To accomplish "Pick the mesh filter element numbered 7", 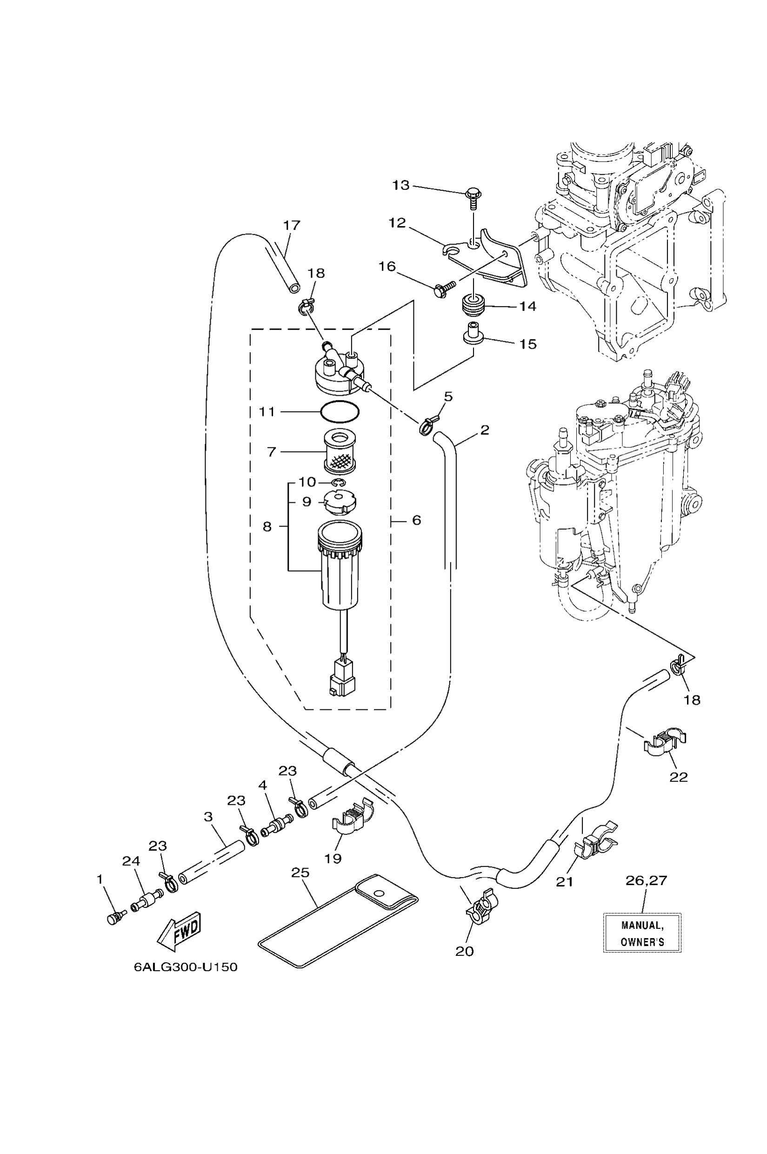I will [x=340, y=452].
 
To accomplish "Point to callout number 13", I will [x=400, y=186].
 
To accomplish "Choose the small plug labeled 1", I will [x=114, y=918].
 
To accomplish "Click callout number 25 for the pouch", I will [x=300, y=873].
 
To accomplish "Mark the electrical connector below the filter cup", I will [x=341, y=680].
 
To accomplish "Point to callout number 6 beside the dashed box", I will [x=416, y=520].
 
